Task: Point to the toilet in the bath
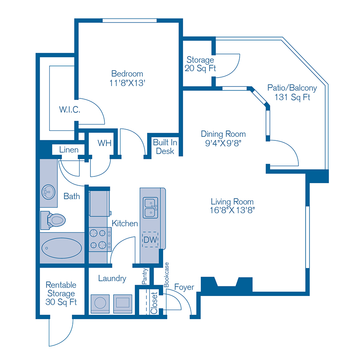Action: (x=53, y=220)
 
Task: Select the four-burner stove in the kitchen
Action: (x=100, y=239)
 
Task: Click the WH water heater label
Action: (x=104, y=143)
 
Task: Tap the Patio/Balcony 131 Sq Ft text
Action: (x=292, y=92)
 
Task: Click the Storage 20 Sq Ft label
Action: (x=200, y=64)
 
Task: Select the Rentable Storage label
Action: (x=61, y=293)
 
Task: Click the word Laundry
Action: (x=112, y=278)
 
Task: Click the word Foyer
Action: (x=184, y=287)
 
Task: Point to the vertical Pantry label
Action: (x=145, y=276)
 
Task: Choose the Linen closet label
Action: (x=69, y=150)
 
